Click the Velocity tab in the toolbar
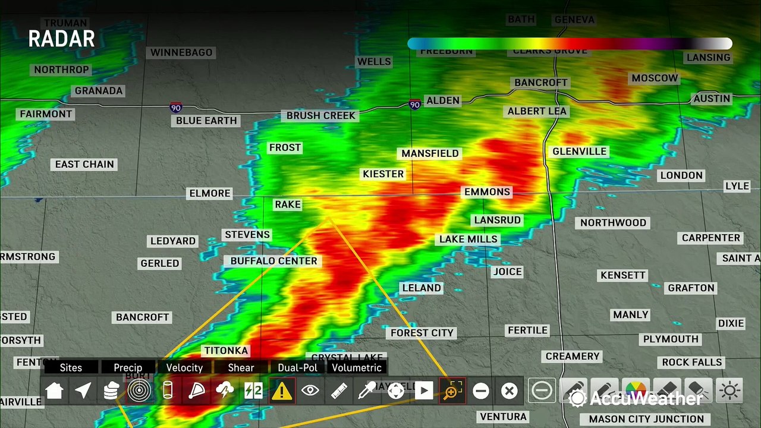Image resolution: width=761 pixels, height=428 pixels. pyautogui.click(x=184, y=367)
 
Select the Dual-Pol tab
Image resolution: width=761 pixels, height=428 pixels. pyautogui.click(x=297, y=367)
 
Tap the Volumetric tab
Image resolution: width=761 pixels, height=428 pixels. pyautogui.click(x=357, y=367)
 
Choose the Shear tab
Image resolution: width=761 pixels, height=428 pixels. pyautogui.click(x=241, y=367)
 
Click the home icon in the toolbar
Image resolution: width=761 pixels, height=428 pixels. pyautogui.click(x=54, y=391)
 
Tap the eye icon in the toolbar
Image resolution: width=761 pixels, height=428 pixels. pyautogui.click(x=310, y=391)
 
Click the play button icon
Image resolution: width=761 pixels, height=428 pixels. pyautogui.click(x=423, y=391)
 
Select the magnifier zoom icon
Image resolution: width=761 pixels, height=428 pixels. pyautogui.click(x=452, y=391)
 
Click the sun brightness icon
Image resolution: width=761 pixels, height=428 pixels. pyautogui.click(x=729, y=391)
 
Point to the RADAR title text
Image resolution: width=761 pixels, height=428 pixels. pyautogui.click(x=62, y=39)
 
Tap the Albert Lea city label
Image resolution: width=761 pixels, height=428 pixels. pyautogui.click(x=537, y=111)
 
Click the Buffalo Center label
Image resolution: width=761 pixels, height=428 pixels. pyautogui.click(x=274, y=261)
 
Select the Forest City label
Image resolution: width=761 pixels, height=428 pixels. pyautogui.click(x=422, y=333)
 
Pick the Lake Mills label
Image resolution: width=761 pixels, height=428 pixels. pyautogui.click(x=468, y=240)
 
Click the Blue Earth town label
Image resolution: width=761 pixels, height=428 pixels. pyautogui.click(x=206, y=121)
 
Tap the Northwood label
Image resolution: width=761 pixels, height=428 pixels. pyautogui.click(x=613, y=223)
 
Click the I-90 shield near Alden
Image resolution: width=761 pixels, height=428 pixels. pyautogui.click(x=415, y=105)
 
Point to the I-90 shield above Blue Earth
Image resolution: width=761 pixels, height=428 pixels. pyautogui.click(x=175, y=108)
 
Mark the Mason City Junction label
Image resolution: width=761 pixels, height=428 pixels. pyautogui.click(x=646, y=419)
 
